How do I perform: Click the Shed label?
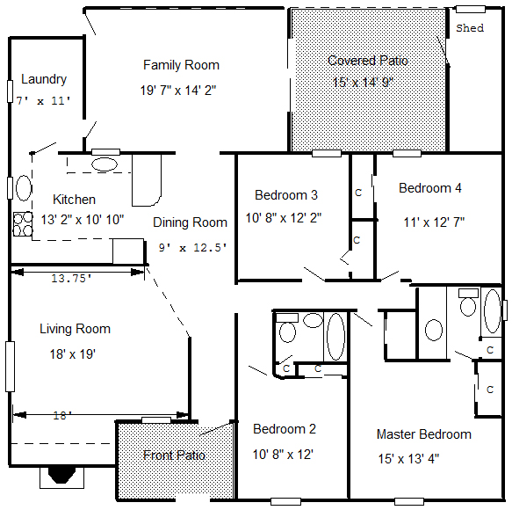pyautogui.click(x=470, y=28)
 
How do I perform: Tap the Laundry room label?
pyautogui.click(x=44, y=79)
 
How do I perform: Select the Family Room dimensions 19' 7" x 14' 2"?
pyautogui.click(x=178, y=91)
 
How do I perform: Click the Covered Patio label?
pyautogui.click(x=368, y=61)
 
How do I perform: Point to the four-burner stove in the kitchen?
pyautogui.click(x=23, y=224)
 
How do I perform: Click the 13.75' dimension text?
pyautogui.click(x=71, y=279)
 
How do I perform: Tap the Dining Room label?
pyautogui.click(x=190, y=222)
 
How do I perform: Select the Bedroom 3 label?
pyautogui.click(x=286, y=195)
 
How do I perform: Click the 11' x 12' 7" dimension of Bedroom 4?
pyautogui.click(x=434, y=222)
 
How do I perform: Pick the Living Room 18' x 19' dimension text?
pyautogui.click(x=73, y=354)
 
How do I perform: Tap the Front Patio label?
pyautogui.click(x=174, y=455)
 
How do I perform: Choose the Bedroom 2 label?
pyautogui.click(x=285, y=429)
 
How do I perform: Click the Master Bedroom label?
pyautogui.click(x=424, y=434)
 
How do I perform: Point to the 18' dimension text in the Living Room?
pyautogui.click(x=62, y=416)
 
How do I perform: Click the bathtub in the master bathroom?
pyautogui.click(x=493, y=311)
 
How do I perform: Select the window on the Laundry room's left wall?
pyautogui.click(x=10, y=91)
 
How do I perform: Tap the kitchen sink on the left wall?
pyautogui.click(x=24, y=188)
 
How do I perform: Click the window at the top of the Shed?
pyautogui.click(x=471, y=9)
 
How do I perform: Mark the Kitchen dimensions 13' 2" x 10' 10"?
pyautogui.click(x=83, y=220)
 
